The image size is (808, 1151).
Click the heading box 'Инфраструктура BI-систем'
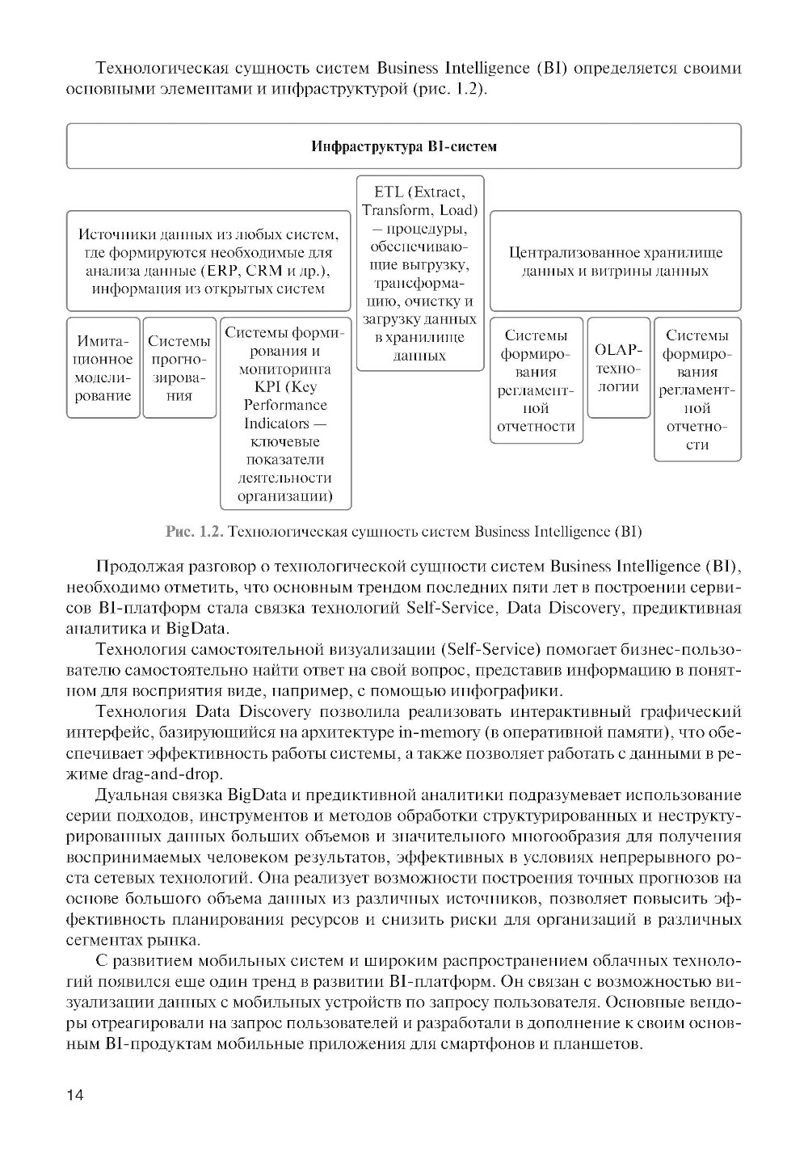tap(404, 146)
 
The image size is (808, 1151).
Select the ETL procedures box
tap(420, 273)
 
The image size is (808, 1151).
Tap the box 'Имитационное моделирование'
tap(103, 368)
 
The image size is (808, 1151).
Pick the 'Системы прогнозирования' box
tap(179, 368)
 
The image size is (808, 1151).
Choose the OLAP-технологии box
tap(618, 368)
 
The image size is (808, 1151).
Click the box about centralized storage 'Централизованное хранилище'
tap(615, 261)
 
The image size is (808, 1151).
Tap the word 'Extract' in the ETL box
tap(437, 192)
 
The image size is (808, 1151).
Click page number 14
tap(75, 1095)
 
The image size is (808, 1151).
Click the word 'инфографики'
tap(519, 691)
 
